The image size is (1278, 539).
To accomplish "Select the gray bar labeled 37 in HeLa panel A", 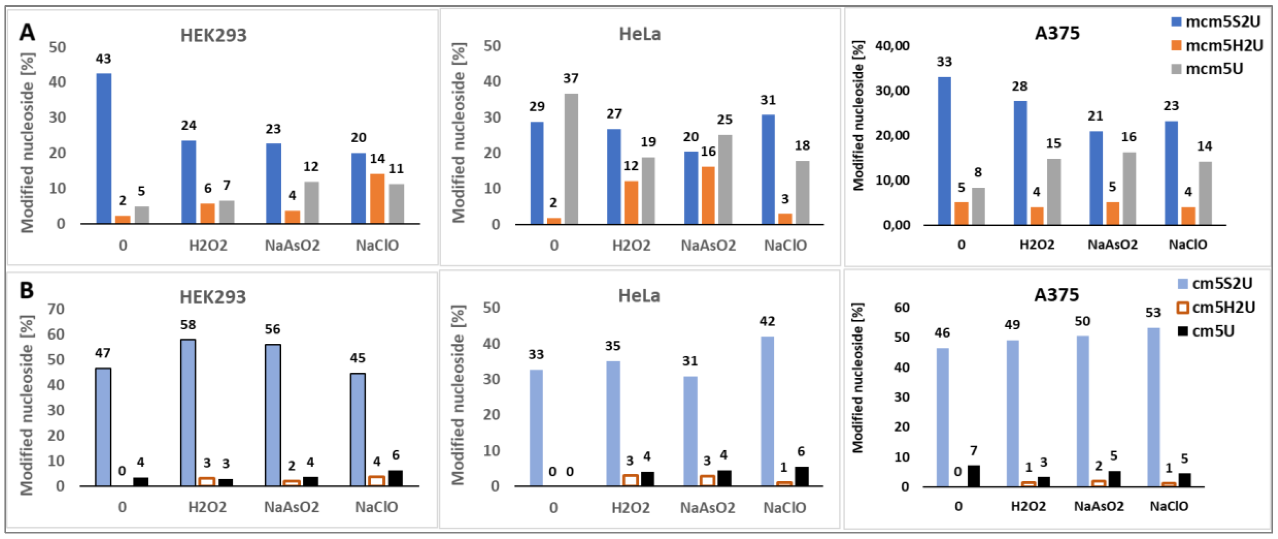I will [571, 158].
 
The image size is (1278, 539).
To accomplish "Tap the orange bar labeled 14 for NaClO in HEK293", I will [377, 199].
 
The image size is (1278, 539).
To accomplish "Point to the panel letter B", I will [26, 291].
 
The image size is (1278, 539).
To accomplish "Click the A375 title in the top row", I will [1057, 33].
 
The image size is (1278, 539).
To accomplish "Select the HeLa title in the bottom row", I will [639, 296].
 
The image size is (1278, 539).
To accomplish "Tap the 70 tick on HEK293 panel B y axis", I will [56, 309].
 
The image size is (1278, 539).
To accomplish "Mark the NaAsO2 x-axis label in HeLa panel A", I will [708, 245].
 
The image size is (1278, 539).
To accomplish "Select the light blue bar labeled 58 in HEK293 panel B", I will [189, 412].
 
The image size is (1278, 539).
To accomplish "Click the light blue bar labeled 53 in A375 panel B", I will [1154, 407].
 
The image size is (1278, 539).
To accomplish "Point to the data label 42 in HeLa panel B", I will [767, 322].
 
